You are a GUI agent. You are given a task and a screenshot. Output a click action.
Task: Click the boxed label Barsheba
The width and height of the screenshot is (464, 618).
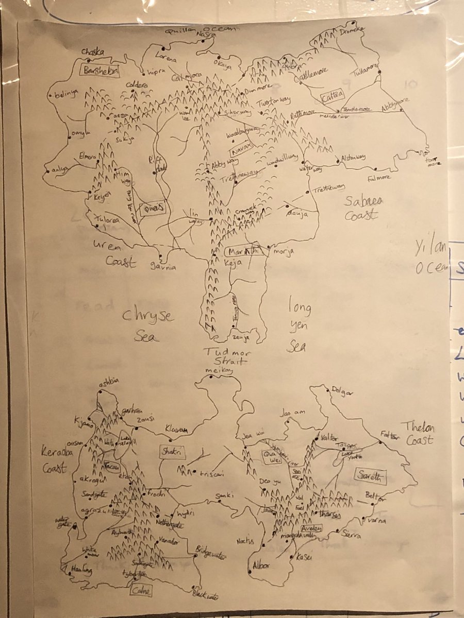tap(101, 71)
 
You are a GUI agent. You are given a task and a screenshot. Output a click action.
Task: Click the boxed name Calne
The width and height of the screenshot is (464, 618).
tap(141, 591)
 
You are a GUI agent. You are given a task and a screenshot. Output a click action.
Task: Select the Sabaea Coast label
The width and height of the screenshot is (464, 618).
tap(362, 209)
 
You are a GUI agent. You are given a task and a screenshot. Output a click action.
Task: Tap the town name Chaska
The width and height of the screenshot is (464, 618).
tap(93, 52)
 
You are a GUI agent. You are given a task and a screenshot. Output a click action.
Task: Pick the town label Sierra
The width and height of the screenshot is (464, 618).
tap(351, 536)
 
